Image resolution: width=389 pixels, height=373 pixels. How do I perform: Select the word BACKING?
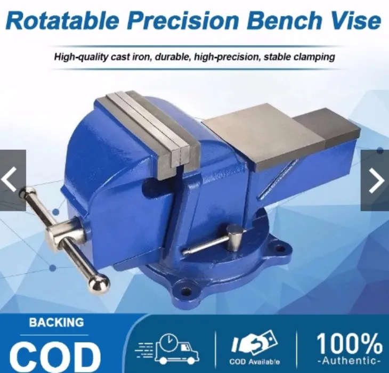56,322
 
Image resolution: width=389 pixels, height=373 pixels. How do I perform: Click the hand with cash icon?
255,344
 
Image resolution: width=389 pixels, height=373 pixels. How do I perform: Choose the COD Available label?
255,361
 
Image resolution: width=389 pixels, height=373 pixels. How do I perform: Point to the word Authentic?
349,362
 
